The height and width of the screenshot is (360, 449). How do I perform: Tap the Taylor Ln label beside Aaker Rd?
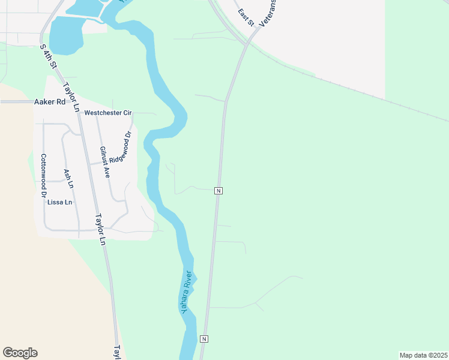tap(71, 97)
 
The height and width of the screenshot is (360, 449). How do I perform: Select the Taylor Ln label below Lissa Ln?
tap(100, 230)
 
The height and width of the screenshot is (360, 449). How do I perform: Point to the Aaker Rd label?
tap(49, 102)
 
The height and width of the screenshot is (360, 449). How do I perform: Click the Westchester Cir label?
tap(107, 112)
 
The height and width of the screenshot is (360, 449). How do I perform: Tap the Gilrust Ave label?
tap(104, 162)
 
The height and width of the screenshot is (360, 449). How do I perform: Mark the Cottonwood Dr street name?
tap(43, 176)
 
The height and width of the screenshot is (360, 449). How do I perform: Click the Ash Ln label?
tap(68, 179)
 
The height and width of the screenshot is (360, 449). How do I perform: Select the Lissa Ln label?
tap(59, 202)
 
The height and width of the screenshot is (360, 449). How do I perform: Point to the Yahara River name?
tap(187, 292)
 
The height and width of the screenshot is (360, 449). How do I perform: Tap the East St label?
tap(246, 17)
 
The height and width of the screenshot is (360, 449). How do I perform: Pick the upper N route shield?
tap(218, 191)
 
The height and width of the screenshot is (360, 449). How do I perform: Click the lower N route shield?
tap(204, 339)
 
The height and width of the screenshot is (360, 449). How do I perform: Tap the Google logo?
tap(20, 353)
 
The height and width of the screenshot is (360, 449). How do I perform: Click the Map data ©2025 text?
tap(423, 355)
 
